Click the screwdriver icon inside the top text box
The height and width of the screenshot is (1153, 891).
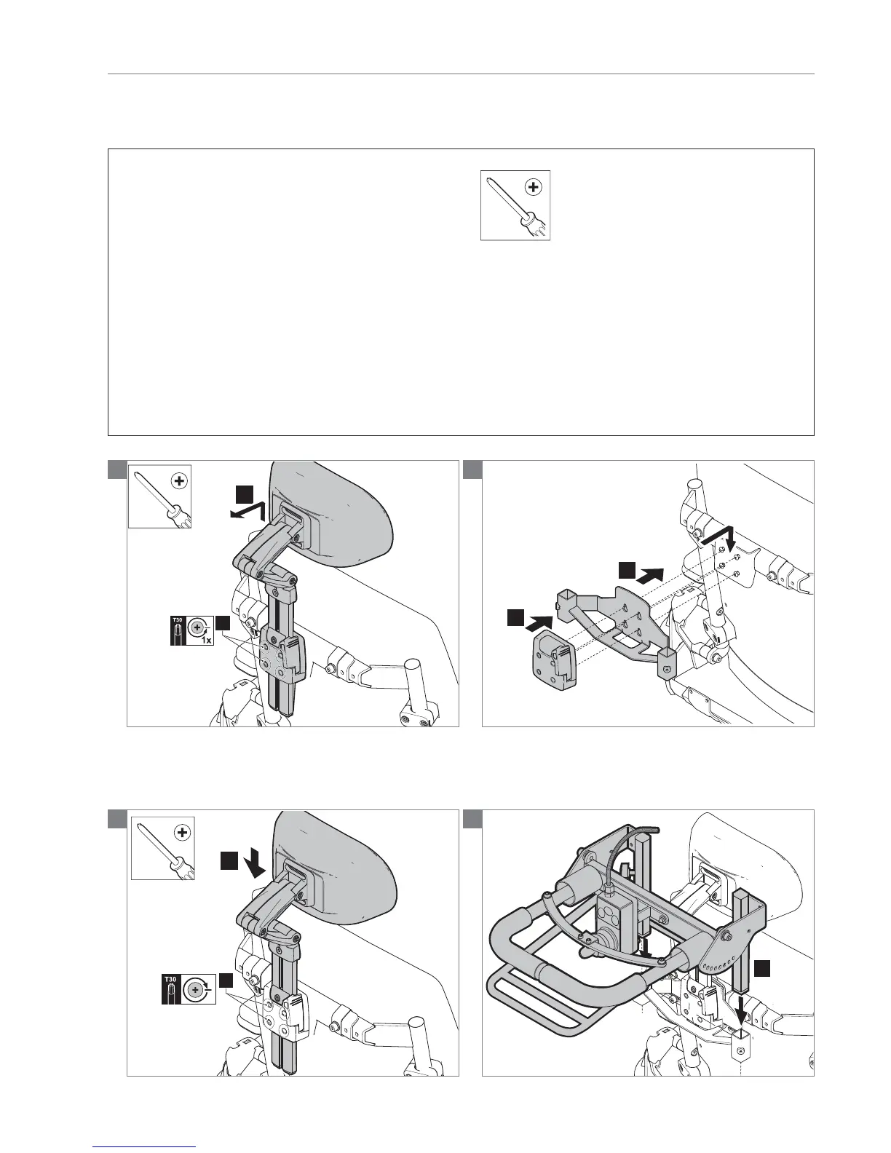click(515, 205)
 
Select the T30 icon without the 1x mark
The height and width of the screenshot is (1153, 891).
click(188, 990)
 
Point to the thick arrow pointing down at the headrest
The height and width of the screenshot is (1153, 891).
click(255, 866)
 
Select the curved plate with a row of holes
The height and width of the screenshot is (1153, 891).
click(731, 948)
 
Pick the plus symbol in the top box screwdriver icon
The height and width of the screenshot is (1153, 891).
click(534, 187)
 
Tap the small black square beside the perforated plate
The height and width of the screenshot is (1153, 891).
click(761, 967)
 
